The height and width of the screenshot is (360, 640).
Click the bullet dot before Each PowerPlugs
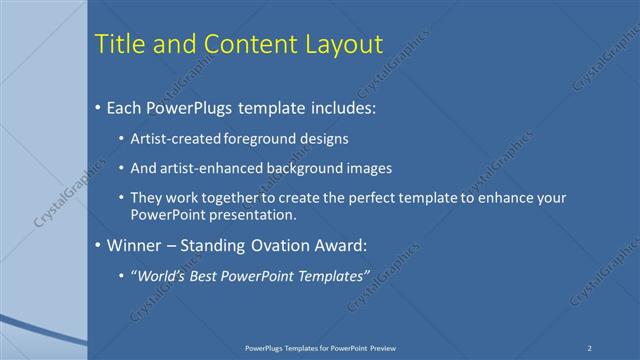pos(97,107)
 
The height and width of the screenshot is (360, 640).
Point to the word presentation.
pos(253,215)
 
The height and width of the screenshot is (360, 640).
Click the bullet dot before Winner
pos(97,244)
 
